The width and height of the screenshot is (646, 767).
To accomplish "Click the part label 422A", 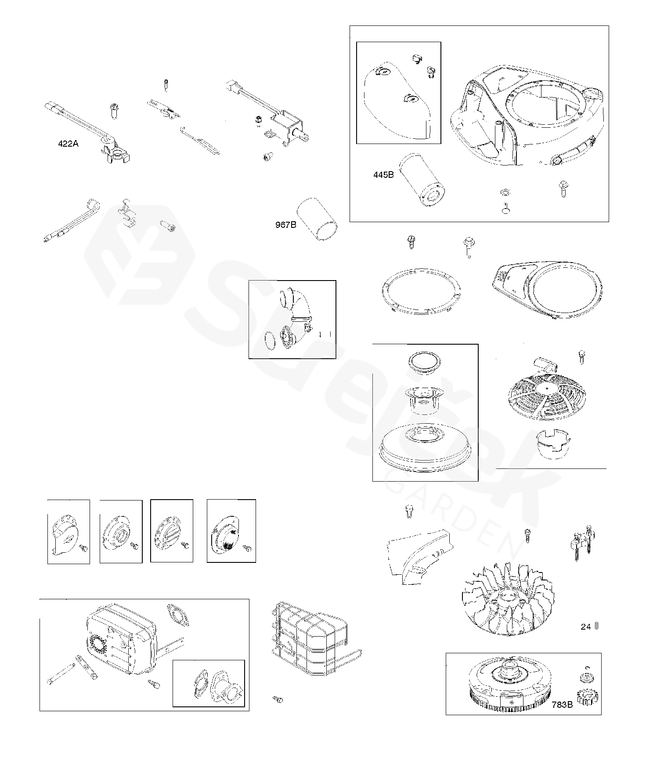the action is tap(68, 144).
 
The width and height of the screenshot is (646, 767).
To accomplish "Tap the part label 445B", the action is tap(383, 175).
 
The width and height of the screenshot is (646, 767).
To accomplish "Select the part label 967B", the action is tap(285, 225).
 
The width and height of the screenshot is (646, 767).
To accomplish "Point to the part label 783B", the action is tap(562, 705).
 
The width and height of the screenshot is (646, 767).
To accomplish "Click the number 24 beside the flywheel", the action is tap(586, 627).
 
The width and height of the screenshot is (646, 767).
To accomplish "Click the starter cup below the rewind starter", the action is tap(552, 443).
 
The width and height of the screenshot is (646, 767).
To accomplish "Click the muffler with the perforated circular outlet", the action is tap(119, 637).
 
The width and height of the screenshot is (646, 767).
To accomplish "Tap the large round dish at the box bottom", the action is tap(425, 448).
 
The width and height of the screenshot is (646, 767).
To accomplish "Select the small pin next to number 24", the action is tap(597, 626).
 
